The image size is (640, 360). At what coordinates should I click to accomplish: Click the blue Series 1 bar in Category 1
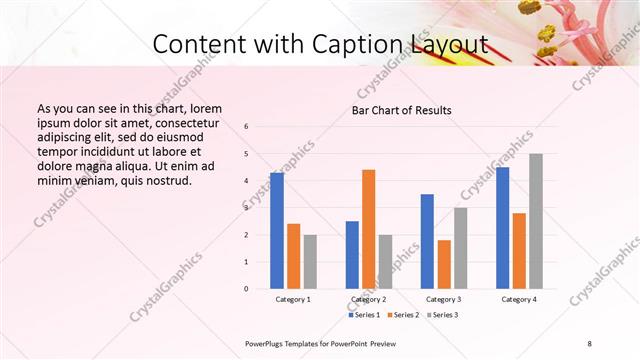[277, 231]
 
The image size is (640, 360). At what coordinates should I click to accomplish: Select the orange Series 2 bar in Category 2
[368, 229]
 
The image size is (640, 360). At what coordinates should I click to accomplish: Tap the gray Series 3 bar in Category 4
[536, 221]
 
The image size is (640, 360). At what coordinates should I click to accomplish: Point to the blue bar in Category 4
[502, 228]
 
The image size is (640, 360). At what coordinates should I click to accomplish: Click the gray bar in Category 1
[310, 262]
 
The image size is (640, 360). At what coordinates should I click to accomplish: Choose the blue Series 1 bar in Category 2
[352, 255]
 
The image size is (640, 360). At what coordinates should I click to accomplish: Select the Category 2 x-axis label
[369, 299]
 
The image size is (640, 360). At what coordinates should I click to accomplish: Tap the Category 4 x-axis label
[519, 299]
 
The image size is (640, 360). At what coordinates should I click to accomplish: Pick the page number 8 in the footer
[590, 344]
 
